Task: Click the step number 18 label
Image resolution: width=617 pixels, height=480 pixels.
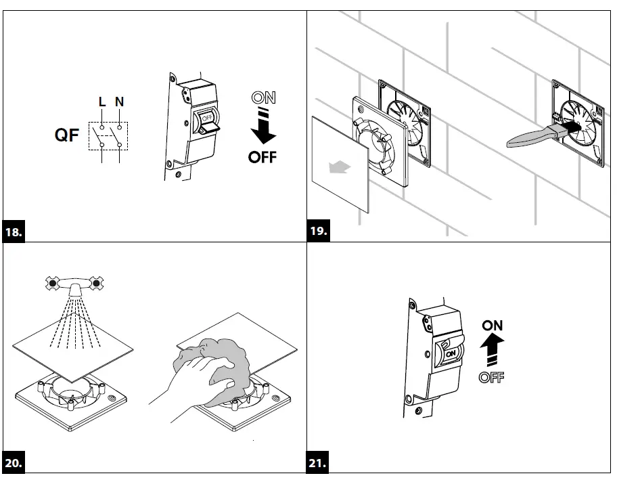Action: point(14,232)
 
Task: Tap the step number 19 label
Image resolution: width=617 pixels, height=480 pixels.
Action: point(319,232)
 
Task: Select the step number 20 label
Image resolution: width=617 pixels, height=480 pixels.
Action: point(14,464)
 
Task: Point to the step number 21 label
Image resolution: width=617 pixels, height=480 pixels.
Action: point(318,464)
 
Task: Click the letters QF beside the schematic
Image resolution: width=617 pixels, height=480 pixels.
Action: point(67,135)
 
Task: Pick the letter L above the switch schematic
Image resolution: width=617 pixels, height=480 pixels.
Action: point(102,102)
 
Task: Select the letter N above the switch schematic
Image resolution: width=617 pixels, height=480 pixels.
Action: point(119,102)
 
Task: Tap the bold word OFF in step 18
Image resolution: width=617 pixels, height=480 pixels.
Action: point(262,157)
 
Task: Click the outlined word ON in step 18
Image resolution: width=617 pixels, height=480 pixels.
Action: point(263,98)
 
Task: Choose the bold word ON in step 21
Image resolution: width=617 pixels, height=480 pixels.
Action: point(493,326)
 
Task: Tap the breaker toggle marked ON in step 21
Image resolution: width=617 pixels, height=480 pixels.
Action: point(449,352)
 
